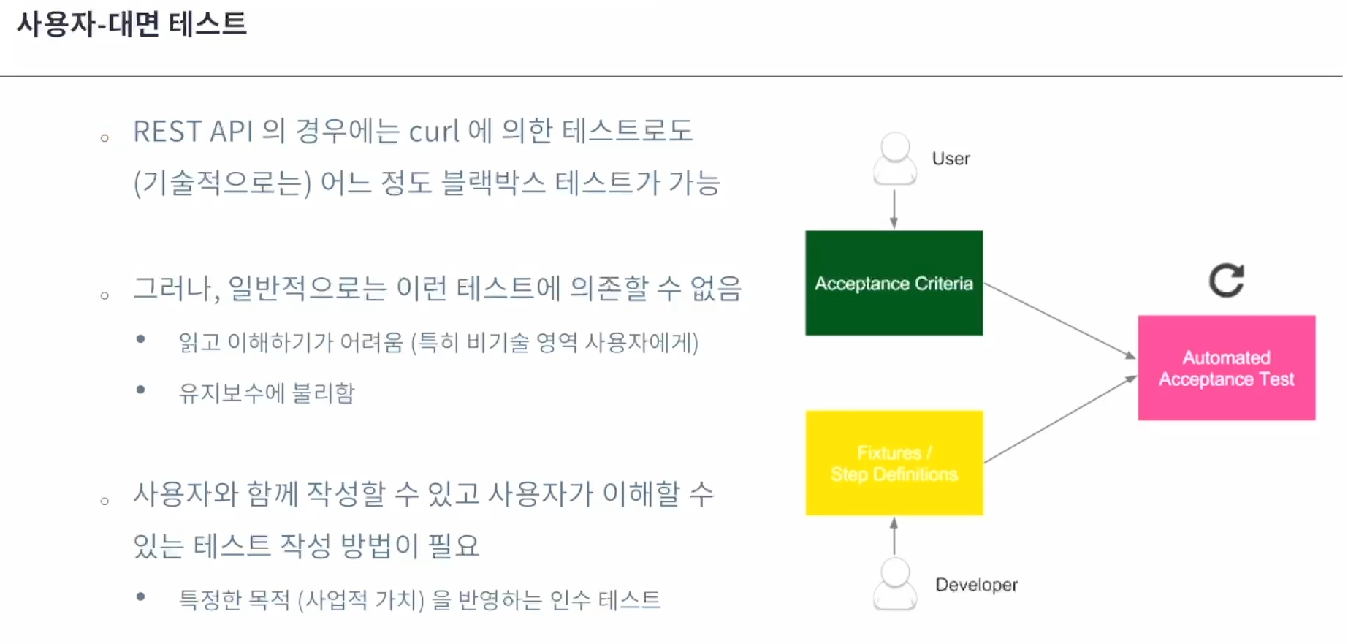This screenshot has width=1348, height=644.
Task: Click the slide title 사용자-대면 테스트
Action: pyautogui.click(x=132, y=24)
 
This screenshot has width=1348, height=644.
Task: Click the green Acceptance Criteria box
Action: pyautogui.click(x=894, y=283)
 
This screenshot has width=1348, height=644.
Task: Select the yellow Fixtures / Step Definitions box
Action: pyautogui.click(x=894, y=463)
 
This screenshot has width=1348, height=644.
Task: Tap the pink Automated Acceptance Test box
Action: pyautogui.click(x=1226, y=368)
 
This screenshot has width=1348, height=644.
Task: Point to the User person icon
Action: pyautogui.click(x=895, y=159)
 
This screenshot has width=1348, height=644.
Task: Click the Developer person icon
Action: pyautogui.click(x=895, y=584)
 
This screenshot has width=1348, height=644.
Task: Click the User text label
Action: pyautogui.click(x=951, y=159)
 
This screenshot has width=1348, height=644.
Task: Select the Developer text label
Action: pyautogui.click(x=976, y=585)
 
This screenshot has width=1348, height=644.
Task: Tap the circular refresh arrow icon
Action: pyautogui.click(x=1226, y=281)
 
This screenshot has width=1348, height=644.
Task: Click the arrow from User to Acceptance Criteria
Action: pyautogui.click(x=894, y=209)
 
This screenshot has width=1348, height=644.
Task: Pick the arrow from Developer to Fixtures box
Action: pyautogui.click(x=894, y=536)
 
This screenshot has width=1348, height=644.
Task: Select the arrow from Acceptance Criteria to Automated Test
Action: pyautogui.click(x=1060, y=321)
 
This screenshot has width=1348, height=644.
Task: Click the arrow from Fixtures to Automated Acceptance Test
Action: pyautogui.click(x=1061, y=419)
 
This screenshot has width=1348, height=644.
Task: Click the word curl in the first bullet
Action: pyautogui.click(x=434, y=132)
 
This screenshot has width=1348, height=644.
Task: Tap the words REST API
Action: pyautogui.click(x=193, y=132)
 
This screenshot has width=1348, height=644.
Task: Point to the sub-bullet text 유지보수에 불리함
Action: pyautogui.click(x=267, y=393)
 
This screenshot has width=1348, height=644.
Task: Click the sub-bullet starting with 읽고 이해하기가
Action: pyautogui.click(x=438, y=341)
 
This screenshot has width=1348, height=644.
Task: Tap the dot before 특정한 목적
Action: pyautogui.click(x=141, y=596)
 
